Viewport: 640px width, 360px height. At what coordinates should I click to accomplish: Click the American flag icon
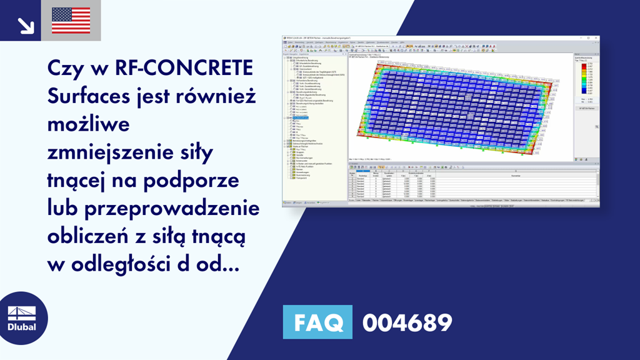point(71,20)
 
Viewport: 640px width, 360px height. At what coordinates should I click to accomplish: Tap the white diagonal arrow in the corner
point(26,24)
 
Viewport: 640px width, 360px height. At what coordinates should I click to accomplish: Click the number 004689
point(407,322)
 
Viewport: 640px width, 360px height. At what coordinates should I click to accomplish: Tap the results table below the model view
point(472,185)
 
